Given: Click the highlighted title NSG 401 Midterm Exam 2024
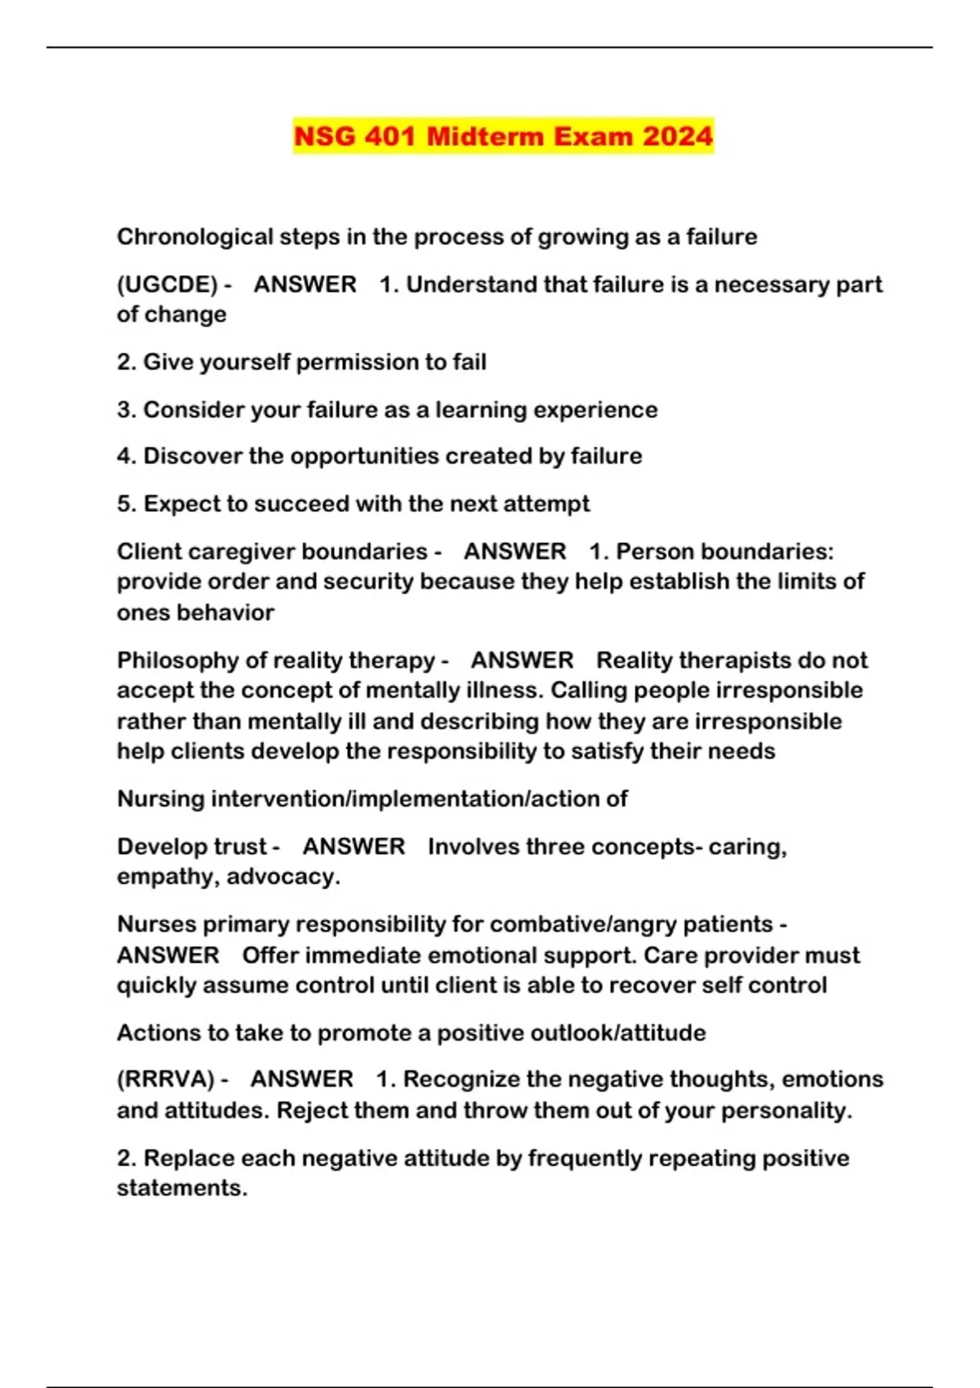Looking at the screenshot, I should click(x=503, y=136).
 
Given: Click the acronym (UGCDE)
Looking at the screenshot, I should click(x=167, y=284).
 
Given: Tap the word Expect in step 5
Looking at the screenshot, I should click(x=181, y=504).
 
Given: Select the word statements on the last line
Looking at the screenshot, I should click(x=181, y=1188).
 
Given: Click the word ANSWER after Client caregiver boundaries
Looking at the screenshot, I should click(x=514, y=551).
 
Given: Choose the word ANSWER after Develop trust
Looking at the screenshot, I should click(x=354, y=847).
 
